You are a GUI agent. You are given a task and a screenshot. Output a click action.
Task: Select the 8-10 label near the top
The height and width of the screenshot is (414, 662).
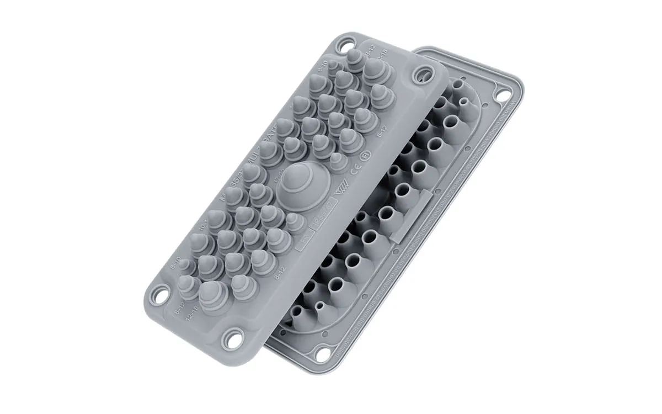(x=323, y=68)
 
